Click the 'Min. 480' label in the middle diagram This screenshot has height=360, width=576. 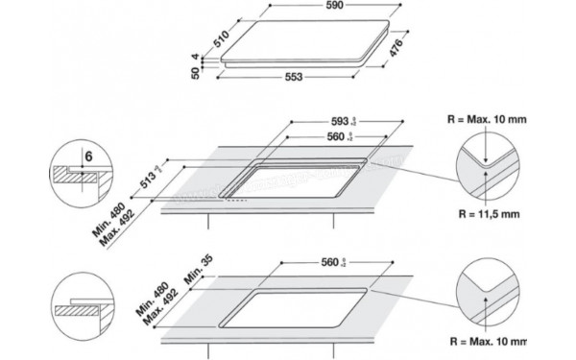pos(119,217)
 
